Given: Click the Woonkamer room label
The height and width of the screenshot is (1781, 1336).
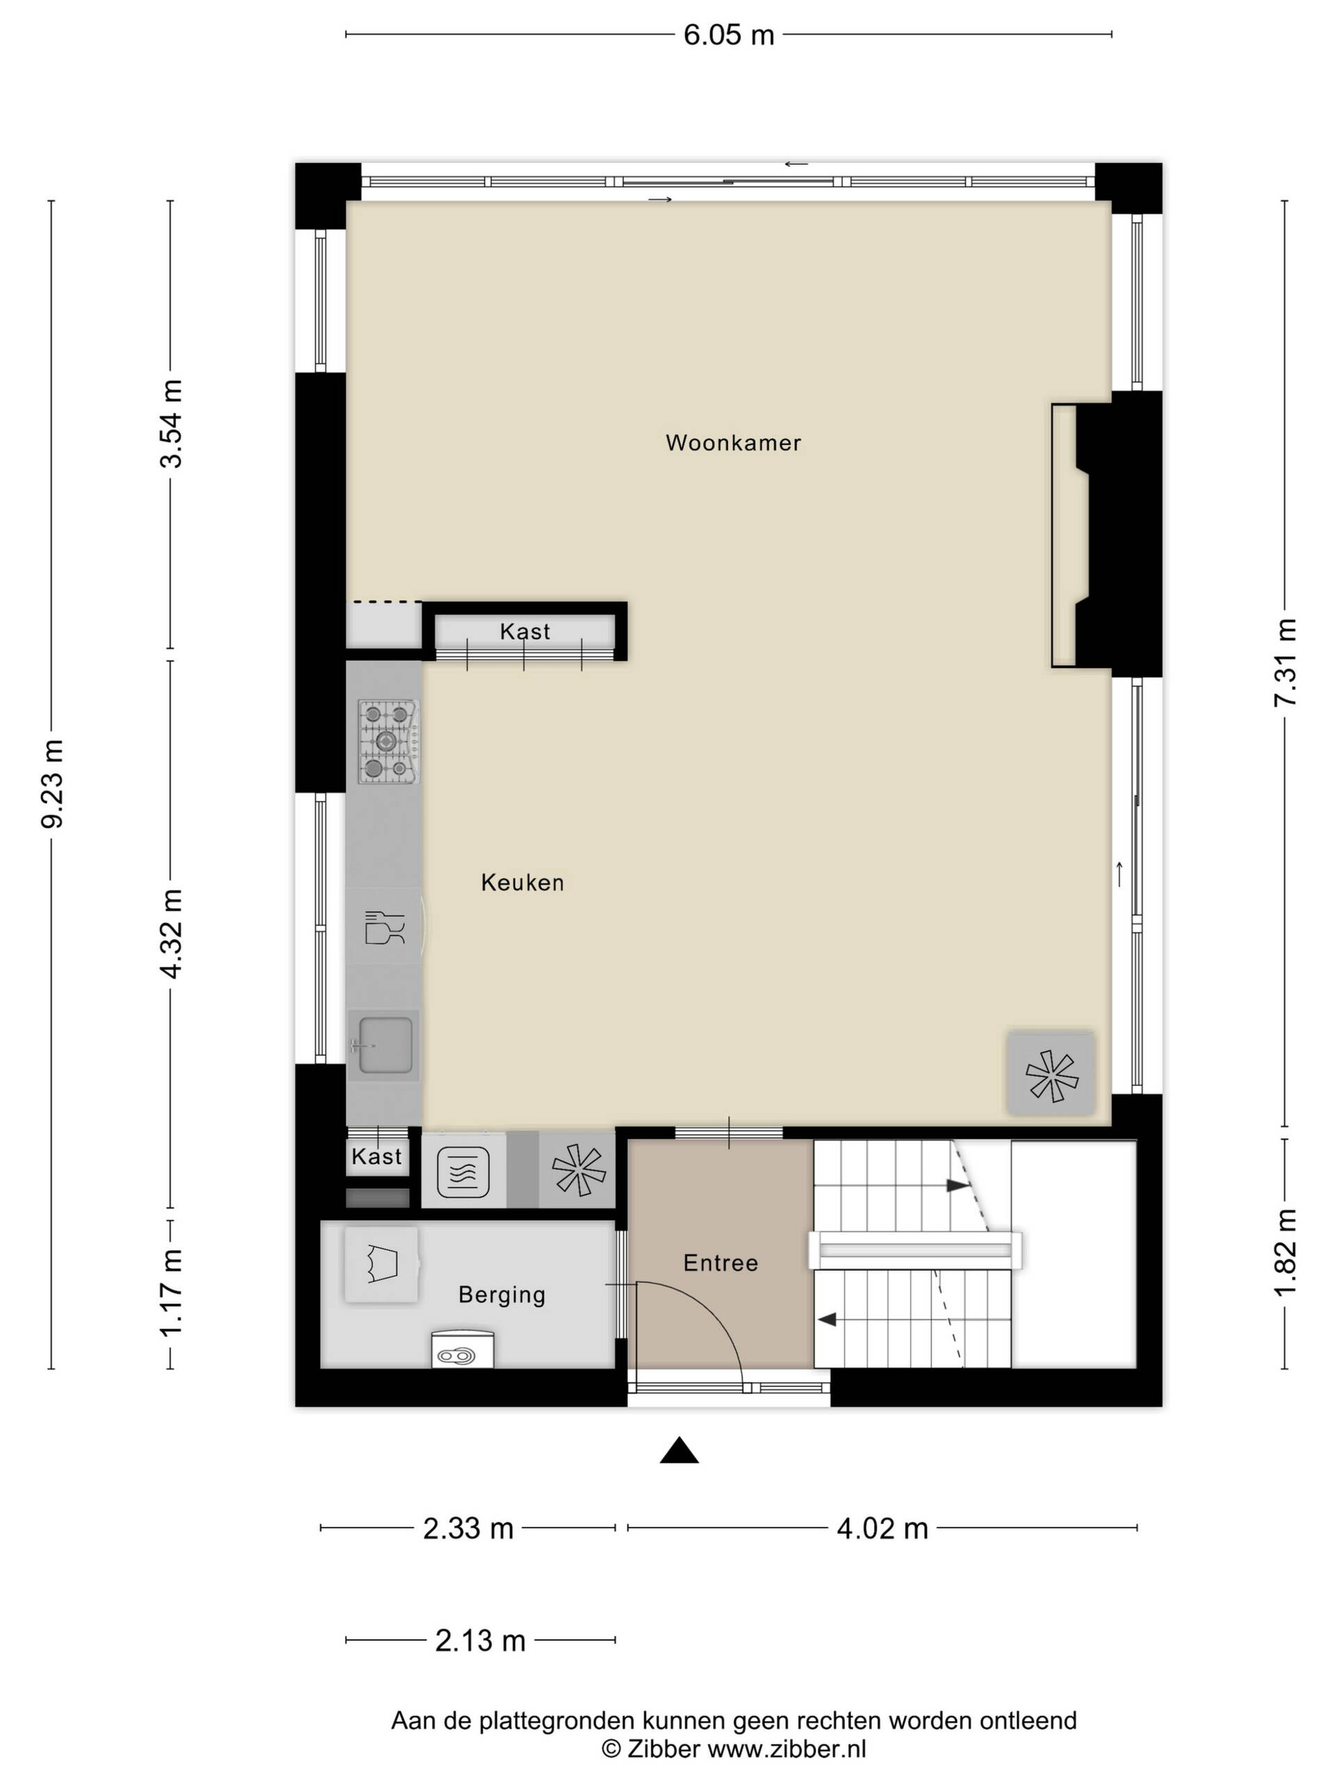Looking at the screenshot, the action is (733, 443).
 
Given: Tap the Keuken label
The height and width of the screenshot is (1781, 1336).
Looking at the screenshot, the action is (522, 882).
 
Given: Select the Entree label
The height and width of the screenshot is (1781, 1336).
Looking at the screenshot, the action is (720, 1263).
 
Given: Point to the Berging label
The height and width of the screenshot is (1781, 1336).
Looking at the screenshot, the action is (502, 1295).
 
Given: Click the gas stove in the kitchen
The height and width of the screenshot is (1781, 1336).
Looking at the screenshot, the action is (389, 742).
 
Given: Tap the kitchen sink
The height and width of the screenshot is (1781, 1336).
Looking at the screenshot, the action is (385, 1045).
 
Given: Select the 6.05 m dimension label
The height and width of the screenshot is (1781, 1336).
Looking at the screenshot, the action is (729, 35).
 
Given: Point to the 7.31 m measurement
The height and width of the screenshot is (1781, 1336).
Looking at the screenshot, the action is (1285, 662).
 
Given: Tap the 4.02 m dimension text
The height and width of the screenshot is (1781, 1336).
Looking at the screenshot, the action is (882, 1528).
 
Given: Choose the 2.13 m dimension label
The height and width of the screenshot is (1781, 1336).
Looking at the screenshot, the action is (480, 1640).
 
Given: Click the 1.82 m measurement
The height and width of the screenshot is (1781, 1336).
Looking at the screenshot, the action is (1285, 1252).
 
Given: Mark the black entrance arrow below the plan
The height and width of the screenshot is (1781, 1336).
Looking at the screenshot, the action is (679, 1450).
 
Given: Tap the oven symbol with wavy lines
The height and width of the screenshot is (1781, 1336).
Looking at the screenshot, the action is (463, 1172).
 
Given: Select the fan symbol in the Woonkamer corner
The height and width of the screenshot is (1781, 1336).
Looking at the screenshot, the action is (1051, 1076).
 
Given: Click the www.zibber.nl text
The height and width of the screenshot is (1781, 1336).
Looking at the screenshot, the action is (786, 1749).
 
